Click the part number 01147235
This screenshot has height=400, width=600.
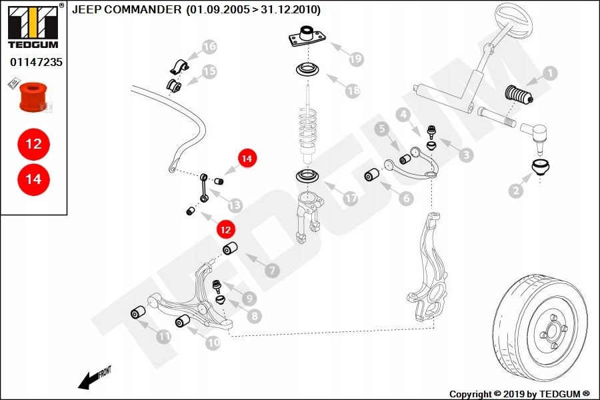tap(36, 62)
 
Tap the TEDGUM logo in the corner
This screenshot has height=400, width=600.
tap(34, 26)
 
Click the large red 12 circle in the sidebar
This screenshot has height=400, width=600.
tap(34, 144)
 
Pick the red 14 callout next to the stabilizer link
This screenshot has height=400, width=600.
tap(247, 158)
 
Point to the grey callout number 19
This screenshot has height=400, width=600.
tap(356, 59)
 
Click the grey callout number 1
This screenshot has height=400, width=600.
tap(550, 73)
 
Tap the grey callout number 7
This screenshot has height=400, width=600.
tap(272, 271)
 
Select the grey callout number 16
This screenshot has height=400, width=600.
tap(209, 47)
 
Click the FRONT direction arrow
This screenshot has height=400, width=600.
tap(94, 378)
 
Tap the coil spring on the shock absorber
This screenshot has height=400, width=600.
tap(308, 128)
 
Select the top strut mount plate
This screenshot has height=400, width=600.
tap(307, 37)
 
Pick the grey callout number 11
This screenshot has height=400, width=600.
tap(164, 337)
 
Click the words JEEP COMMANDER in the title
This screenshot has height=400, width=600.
tap(127, 9)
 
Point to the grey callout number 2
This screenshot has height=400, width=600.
tap(516, 190)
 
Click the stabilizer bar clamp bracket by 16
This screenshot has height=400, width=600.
tap(179, 67)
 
